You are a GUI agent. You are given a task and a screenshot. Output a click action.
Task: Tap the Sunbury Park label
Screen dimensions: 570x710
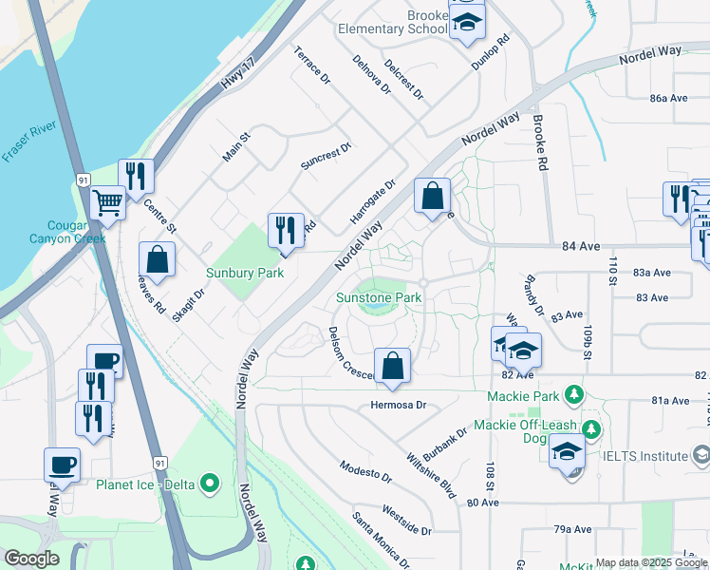pos(245,273)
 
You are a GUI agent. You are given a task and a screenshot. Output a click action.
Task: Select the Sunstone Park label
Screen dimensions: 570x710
pos(379,297)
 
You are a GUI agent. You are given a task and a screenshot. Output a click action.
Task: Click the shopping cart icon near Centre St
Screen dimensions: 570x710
pos(107,202)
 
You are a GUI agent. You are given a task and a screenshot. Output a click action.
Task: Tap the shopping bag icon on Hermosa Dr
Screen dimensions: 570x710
pos(392,366)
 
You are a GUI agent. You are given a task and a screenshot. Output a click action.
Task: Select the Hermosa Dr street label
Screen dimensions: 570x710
pos(398,405)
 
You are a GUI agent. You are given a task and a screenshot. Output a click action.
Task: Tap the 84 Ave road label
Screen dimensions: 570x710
pos(584,246)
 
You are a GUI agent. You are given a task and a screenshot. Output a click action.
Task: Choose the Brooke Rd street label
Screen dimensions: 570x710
pos(541,142)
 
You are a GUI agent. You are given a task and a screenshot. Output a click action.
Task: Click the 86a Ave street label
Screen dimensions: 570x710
pos(668,98)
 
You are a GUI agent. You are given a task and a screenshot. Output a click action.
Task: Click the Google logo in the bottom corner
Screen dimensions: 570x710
pos(31,559)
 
